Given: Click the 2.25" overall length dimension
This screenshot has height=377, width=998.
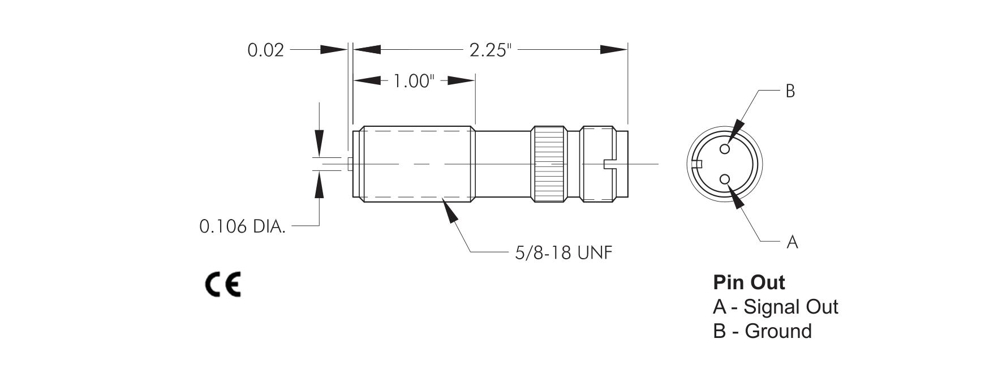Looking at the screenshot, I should tap(490, 50).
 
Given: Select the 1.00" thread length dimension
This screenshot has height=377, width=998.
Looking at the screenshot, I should tap(413, 81).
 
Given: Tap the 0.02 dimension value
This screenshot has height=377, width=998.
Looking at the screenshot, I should tap(265, 50).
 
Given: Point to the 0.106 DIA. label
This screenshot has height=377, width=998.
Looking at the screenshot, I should tap(243, 226).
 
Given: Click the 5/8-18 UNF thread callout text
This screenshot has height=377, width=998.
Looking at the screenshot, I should tap(563, 252).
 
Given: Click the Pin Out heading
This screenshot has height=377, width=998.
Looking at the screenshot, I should tap(749, 282).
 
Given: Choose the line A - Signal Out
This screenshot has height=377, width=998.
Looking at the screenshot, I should tap(775, 307).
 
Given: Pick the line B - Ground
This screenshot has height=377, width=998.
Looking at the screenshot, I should tap(762, 331).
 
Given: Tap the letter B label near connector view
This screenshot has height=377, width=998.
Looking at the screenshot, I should tap(790, 91).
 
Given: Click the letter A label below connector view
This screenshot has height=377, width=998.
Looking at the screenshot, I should tap(792, 242).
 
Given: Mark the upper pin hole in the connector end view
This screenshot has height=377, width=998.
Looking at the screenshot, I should tap(725, 149).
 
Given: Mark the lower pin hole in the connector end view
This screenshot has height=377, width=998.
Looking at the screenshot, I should tap(725, 179).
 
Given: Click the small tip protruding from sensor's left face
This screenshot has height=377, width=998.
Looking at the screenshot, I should tap(350, 164).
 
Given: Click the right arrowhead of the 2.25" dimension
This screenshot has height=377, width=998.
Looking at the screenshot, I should tap(614, 50).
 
